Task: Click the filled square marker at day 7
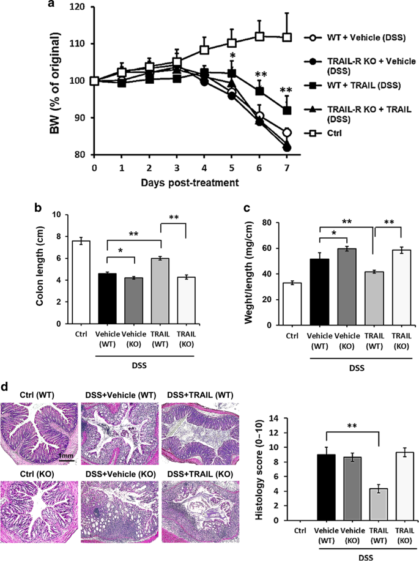(286, 111)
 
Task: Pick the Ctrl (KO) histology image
(40, 508)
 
